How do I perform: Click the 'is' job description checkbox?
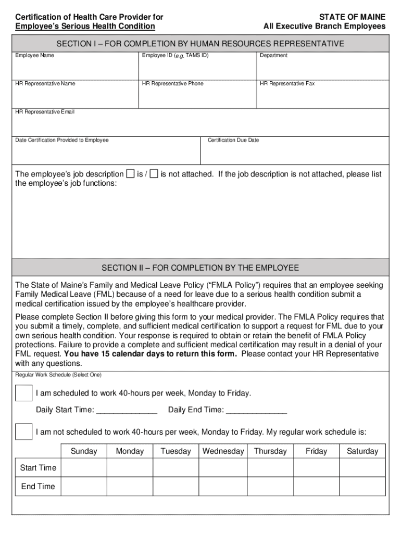[130, 174]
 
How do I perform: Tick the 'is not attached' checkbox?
[154, 174]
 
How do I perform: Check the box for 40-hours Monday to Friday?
[23, 393]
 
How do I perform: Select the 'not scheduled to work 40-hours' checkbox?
[23, 432]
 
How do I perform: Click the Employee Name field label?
[34, 55]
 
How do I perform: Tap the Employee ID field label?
[175, 55]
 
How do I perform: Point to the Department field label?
[273, 56]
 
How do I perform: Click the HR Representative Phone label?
[172, 84]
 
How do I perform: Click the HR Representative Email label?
[45, 112]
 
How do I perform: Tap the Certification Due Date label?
[233, 140]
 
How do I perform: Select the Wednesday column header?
[223, 451]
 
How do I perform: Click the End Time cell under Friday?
[316, 487]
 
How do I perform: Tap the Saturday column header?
[362, 451]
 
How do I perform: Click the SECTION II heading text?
[200, 268]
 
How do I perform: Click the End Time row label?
[38, 487]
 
